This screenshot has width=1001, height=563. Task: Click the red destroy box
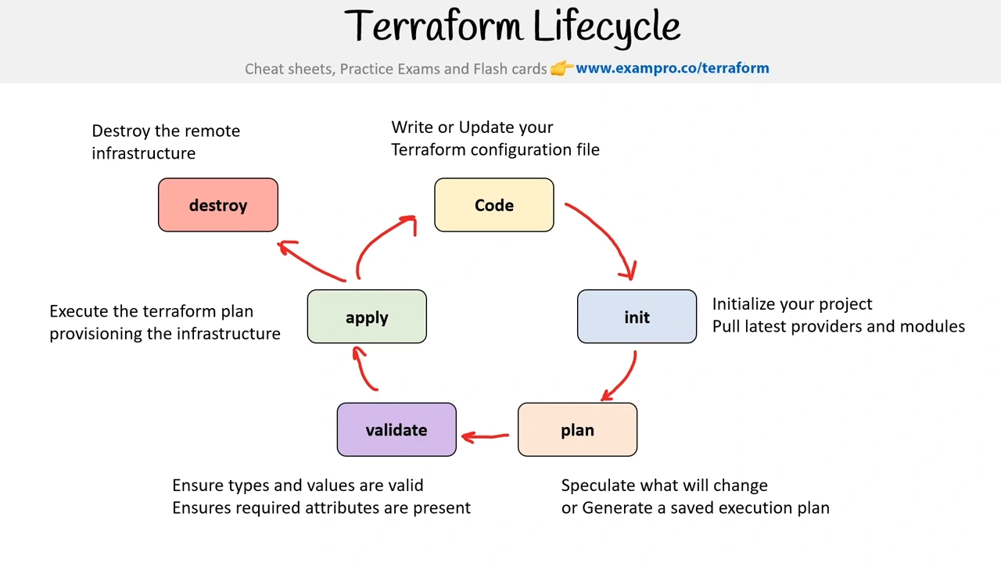pos(218,205)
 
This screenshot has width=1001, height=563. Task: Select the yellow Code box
pos(493,205)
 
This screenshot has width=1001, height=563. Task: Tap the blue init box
pos(637,317)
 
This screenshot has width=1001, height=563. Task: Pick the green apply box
pos(367,317)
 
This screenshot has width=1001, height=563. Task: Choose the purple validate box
pos(396,430)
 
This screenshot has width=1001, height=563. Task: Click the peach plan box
pos(577,430)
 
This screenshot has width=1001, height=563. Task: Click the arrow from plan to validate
pos(485,436)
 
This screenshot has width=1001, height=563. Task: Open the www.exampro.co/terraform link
pos(672,68)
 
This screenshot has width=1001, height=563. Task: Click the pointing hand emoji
pos(561,68)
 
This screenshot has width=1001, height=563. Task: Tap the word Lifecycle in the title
pos(606,27)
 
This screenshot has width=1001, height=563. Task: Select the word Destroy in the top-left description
pos(120,131)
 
